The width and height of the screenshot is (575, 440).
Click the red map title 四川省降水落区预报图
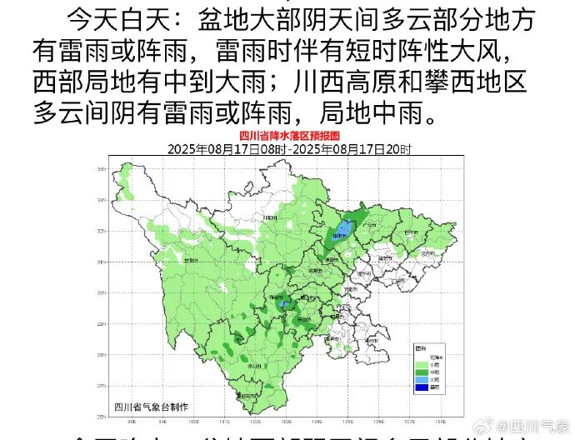coord(288,134)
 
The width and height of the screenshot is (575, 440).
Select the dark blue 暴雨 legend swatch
coord(421,386)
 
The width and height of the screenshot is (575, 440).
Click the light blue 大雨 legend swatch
coord(421,377)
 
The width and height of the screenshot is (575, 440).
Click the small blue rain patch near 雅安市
coord(283,305)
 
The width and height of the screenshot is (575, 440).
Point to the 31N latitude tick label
coord(101,262)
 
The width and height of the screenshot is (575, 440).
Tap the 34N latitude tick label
coord(101,169)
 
